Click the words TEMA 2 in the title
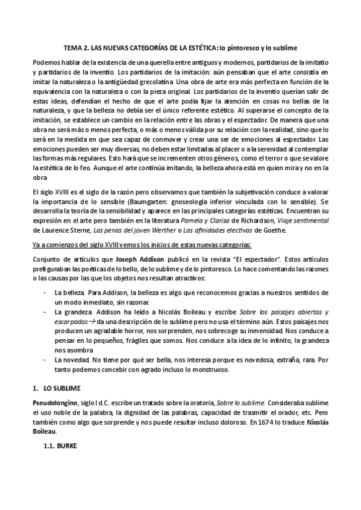click(x=78, y=47)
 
